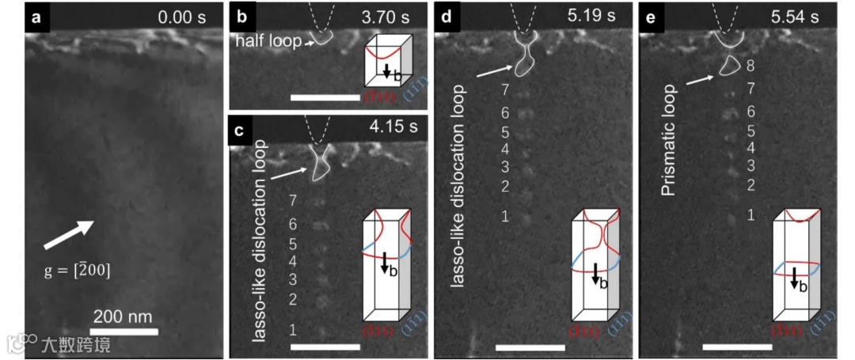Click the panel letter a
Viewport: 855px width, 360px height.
[x=36, y=17]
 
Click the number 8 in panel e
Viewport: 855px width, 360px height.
[x=751, y=66]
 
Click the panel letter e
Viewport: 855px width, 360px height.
[x=651, y=17]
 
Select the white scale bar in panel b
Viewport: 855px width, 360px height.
[x=325, y=97]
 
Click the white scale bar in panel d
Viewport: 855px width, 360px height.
[x=530, y=347]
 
